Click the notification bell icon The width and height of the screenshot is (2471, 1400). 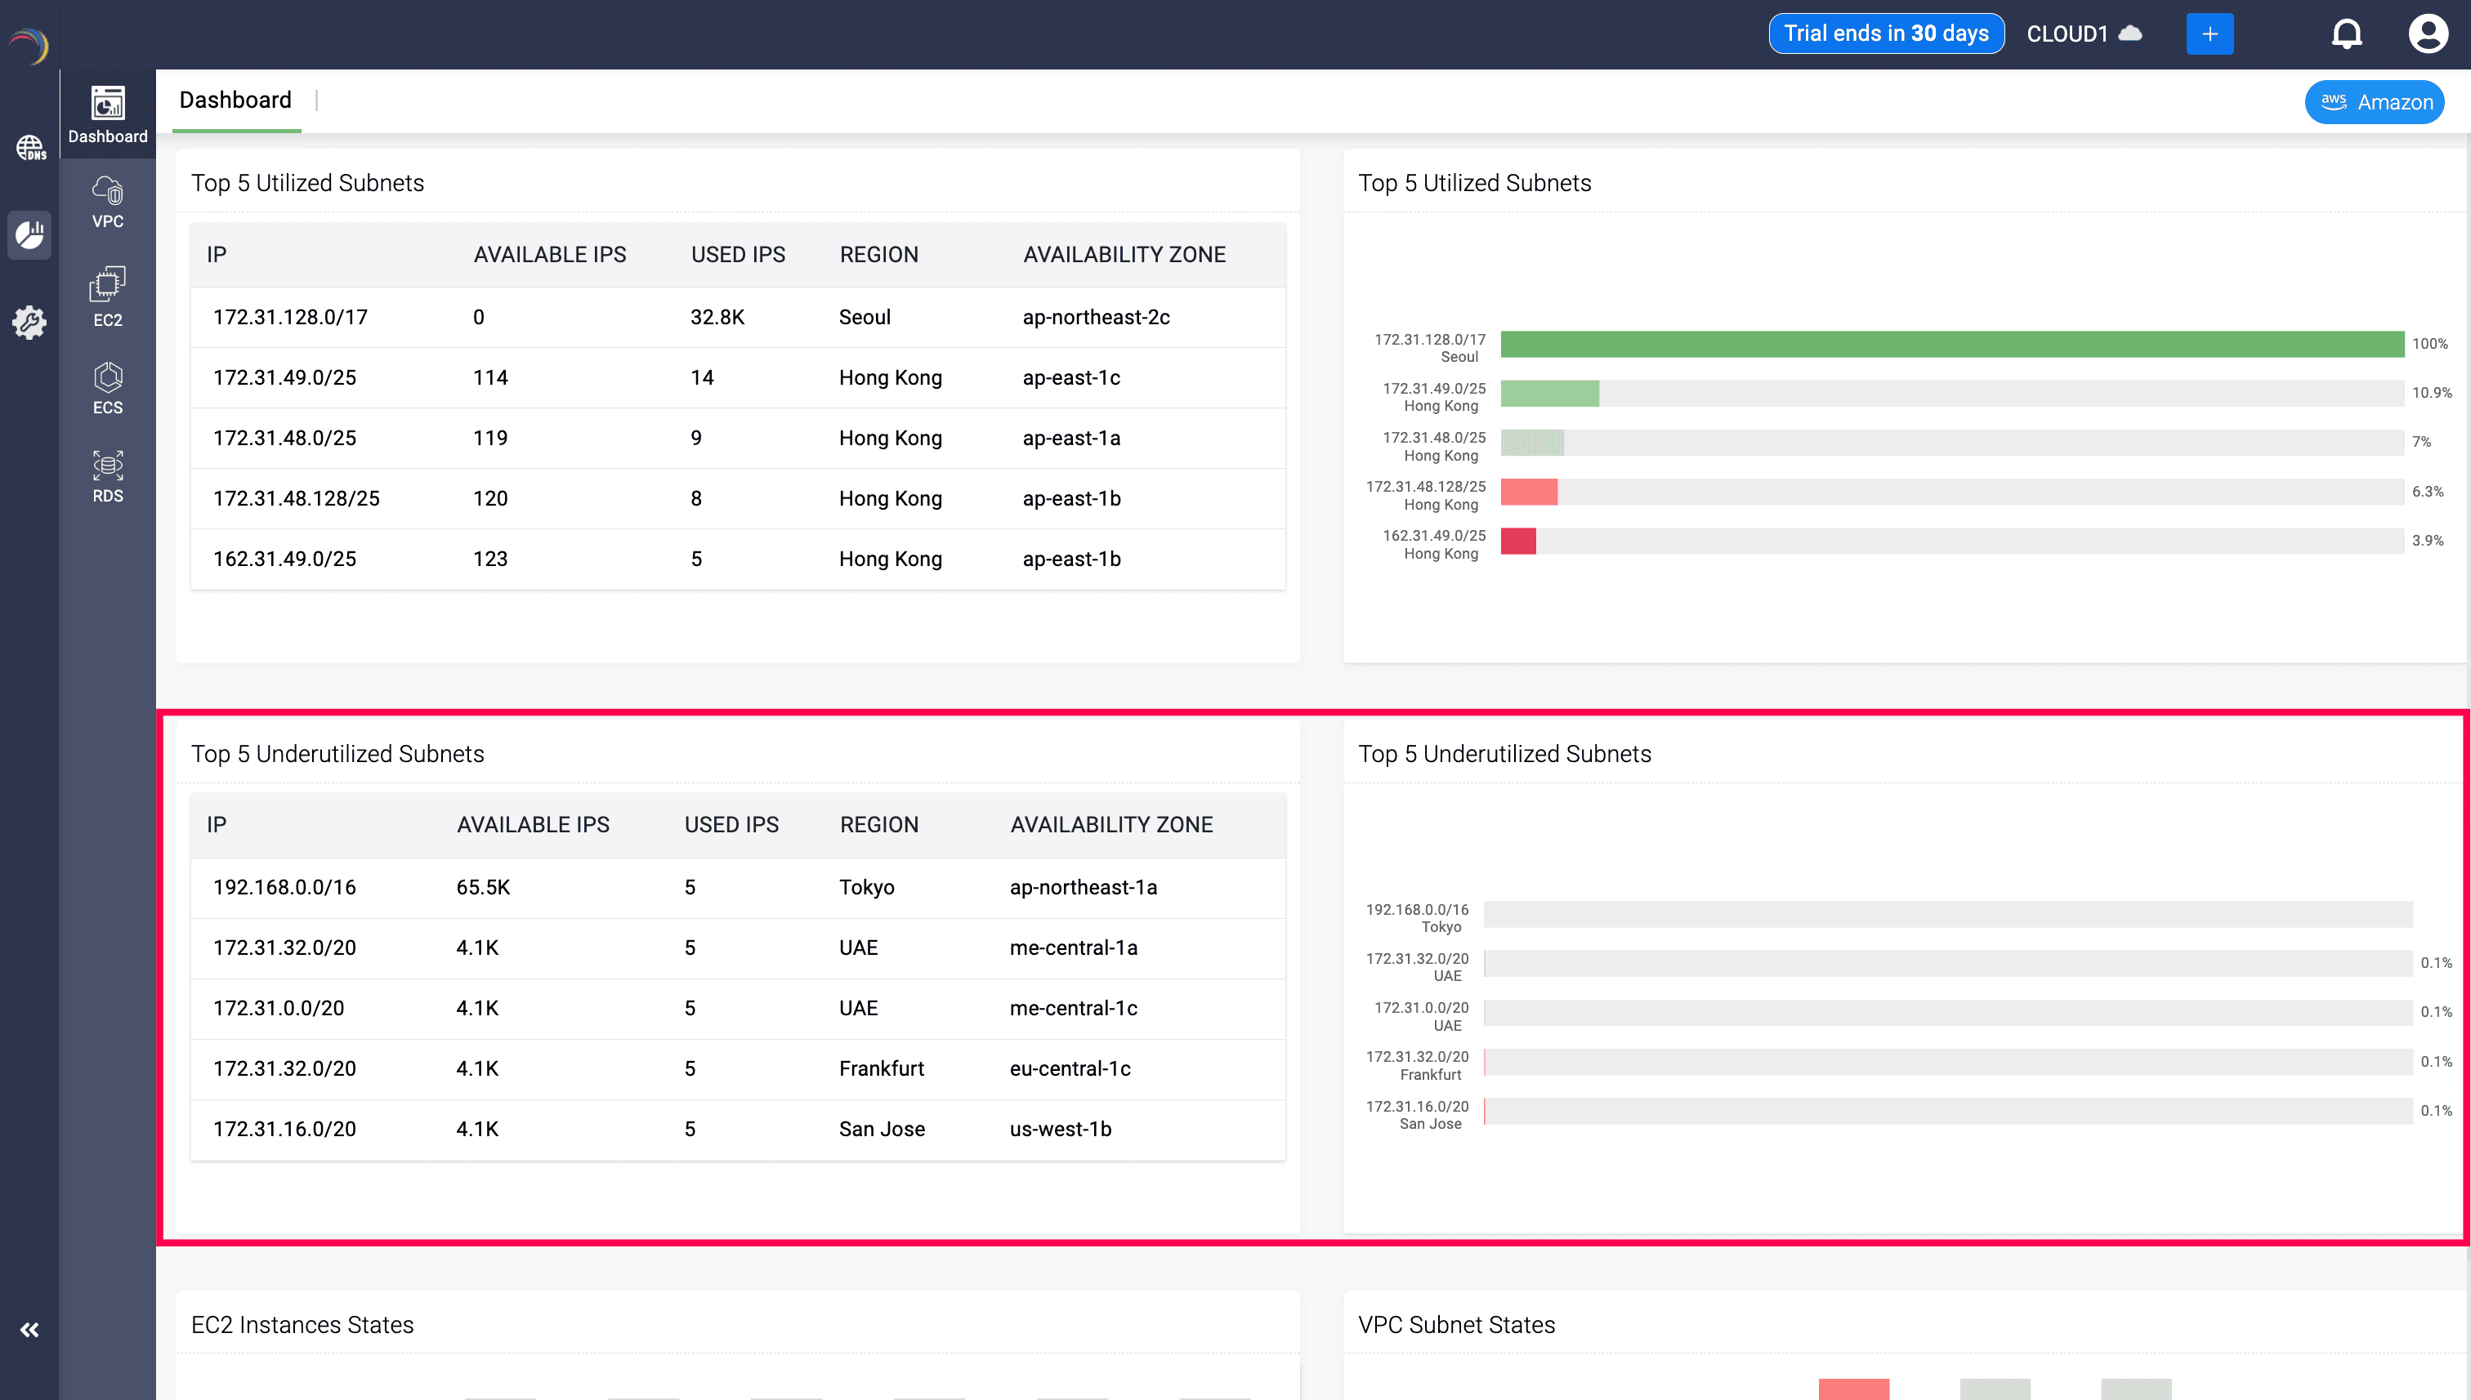tap(2346, 34)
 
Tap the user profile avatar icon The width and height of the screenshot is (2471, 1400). tap(2427, 34)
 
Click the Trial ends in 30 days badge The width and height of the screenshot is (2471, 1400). tap(1885, 33)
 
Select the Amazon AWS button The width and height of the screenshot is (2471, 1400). tap(2374, 102)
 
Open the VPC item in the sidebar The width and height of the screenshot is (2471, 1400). tap(108, 202)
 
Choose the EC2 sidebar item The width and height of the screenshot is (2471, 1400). tap(108, 297)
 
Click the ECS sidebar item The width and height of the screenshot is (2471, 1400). tap(108, 387)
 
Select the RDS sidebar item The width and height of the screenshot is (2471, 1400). tap(108, 476)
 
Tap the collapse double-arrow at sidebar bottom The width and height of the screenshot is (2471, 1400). tap(29, 1330)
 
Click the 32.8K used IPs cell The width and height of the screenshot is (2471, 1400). tap(717, 317)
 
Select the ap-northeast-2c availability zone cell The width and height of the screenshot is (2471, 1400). tap(1096, 317)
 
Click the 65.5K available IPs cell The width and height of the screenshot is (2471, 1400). tap(483, 888)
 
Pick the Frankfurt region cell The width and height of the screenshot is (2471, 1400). tap(881, 1068)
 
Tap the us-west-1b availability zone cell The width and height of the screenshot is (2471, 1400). tap(1060, 1129)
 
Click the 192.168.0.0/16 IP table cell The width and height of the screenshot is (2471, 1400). tap(284, 888)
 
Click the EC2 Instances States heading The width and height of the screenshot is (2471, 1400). tap(302, 1324)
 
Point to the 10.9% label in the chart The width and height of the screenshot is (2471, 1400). tap(2431, 393)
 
